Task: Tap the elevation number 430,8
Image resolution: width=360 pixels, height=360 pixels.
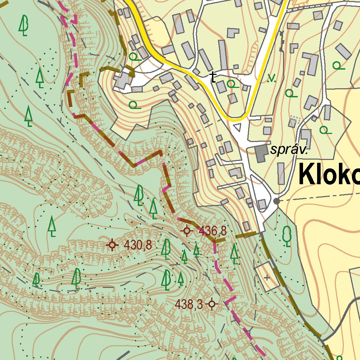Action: click(138, 245)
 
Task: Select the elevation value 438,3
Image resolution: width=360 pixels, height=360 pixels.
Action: click(189, 304)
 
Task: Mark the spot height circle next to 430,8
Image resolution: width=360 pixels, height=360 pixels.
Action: click(112, 245)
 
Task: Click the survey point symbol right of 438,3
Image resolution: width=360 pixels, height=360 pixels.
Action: click(212, 304)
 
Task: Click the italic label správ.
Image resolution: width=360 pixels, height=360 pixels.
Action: click(289, 150)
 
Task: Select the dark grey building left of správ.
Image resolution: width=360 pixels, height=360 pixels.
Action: click(261, 154)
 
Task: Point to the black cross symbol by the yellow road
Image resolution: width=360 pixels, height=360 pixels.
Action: click(213, 77)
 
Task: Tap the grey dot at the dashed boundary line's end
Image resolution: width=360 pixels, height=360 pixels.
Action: click(277, 201)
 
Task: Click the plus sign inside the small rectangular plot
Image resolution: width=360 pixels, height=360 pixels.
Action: click(267, 278)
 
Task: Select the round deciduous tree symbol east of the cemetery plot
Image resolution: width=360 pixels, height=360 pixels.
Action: click(287, 236)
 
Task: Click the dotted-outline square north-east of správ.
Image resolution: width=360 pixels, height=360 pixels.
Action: click(295, 120)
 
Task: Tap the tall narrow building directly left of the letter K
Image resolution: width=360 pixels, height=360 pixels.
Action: click(281, 173)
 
